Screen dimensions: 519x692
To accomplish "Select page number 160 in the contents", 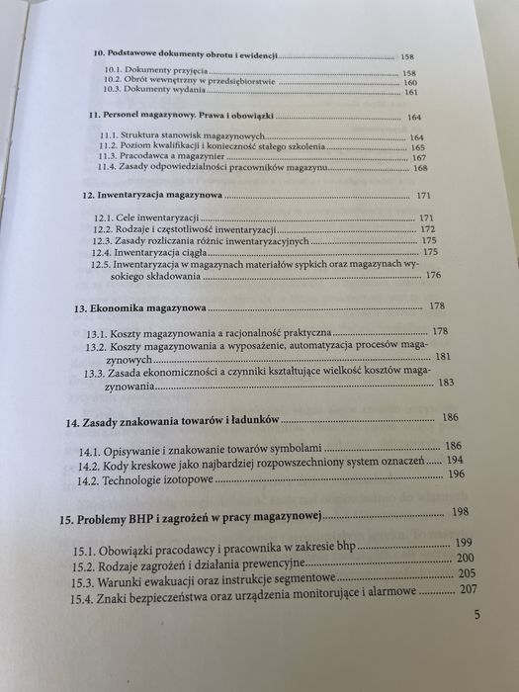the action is coord(410,82).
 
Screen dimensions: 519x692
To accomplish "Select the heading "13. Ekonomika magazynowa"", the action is coord(140,307).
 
